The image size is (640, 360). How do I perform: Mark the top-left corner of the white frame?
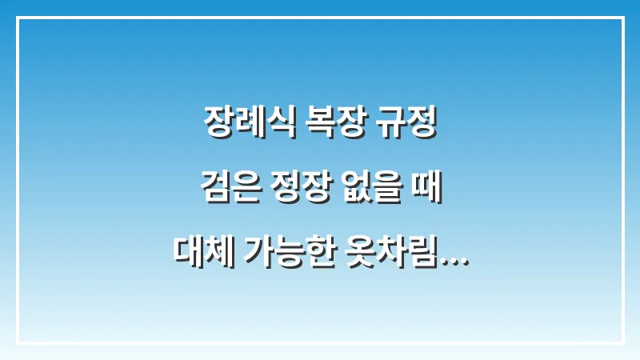click(18, 18)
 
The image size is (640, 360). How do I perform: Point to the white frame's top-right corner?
click(622, 18)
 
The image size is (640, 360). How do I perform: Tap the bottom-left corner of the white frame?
click(18, 342)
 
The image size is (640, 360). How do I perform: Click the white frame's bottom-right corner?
click(622, 342)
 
